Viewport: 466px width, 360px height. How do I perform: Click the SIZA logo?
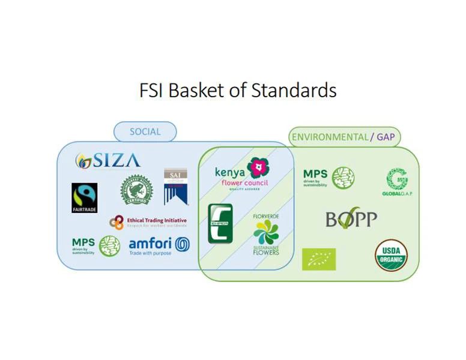pos(108,161)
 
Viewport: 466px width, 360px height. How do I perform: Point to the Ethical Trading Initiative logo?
pos(148,223)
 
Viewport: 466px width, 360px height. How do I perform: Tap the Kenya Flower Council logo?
pos(242,172)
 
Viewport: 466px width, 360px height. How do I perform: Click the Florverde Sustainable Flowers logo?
pos(266,235)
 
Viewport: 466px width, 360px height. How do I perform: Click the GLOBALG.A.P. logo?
pos(397,182)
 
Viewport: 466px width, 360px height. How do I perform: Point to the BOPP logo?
pos(351,220)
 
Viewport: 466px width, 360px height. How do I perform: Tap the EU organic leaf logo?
pos(319,259)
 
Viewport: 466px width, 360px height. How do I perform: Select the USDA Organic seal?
pos(392,255)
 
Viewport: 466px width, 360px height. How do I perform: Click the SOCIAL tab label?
pos(145,132)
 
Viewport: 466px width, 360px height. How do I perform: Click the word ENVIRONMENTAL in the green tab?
pos(330,137)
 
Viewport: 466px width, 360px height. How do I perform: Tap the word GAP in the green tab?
pos(386,137)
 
